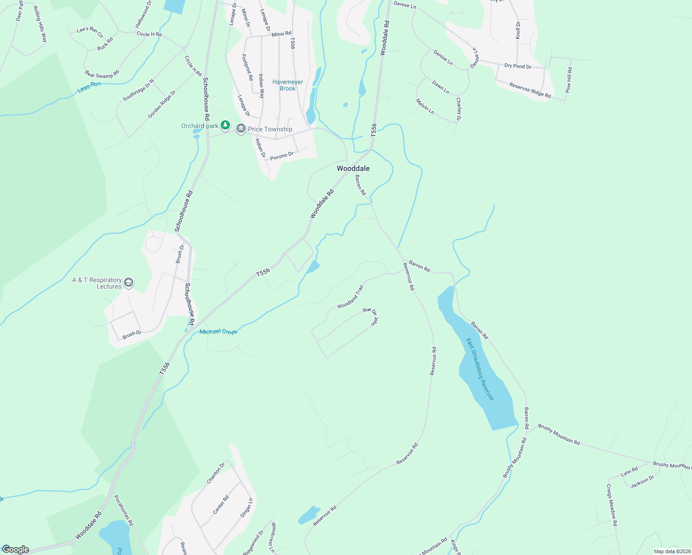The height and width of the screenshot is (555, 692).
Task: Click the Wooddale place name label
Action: (x=353, y=168)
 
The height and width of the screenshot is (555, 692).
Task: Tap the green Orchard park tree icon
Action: (x=225, y=125)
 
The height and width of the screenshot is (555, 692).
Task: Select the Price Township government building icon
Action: (x=241, y=129)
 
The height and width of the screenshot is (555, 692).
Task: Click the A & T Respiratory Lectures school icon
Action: (x=129, y=283)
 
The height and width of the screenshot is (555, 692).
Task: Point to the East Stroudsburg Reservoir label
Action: (x=480, y=369)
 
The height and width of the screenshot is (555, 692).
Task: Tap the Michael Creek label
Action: (x=218, y=332)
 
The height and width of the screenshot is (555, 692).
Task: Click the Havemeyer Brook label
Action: (x=287, y=85)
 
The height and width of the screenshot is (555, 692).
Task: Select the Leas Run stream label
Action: (x=89, y=86)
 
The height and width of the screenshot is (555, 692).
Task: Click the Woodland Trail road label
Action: (x=350, y=297)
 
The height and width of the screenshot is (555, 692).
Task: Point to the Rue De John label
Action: (x=371, y=315)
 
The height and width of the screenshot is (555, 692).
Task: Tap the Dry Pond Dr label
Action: (x=518, y=66)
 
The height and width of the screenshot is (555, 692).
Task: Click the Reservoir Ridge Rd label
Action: (x=530, y=90)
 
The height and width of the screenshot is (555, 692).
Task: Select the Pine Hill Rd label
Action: (x=568, y=80)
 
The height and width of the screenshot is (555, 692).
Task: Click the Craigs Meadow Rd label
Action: (x=612, y=505)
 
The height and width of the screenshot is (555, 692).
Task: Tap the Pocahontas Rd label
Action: (x=124, y=510)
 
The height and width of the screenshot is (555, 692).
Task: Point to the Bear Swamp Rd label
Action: (x=102, y=74)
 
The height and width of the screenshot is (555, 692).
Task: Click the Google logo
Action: (x=15, y=549)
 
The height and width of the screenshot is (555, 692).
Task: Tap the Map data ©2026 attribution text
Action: (x=671, y=551)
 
